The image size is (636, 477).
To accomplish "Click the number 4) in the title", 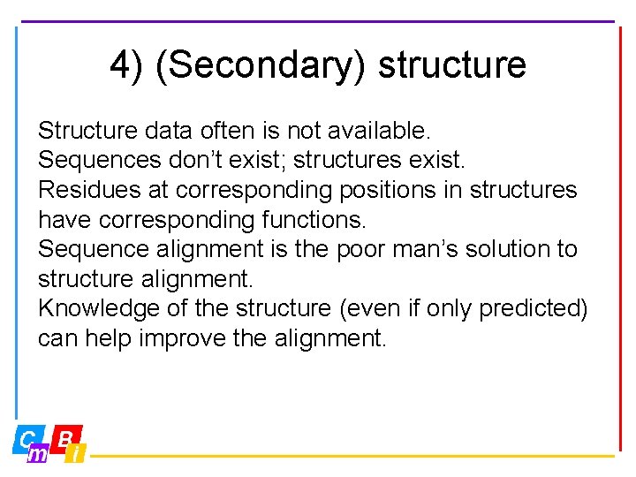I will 126,65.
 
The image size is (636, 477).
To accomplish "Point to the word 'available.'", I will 379,132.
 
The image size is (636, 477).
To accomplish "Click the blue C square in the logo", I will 27,438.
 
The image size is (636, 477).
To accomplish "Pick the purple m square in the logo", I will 38,454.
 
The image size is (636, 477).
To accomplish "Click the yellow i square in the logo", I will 77,454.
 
